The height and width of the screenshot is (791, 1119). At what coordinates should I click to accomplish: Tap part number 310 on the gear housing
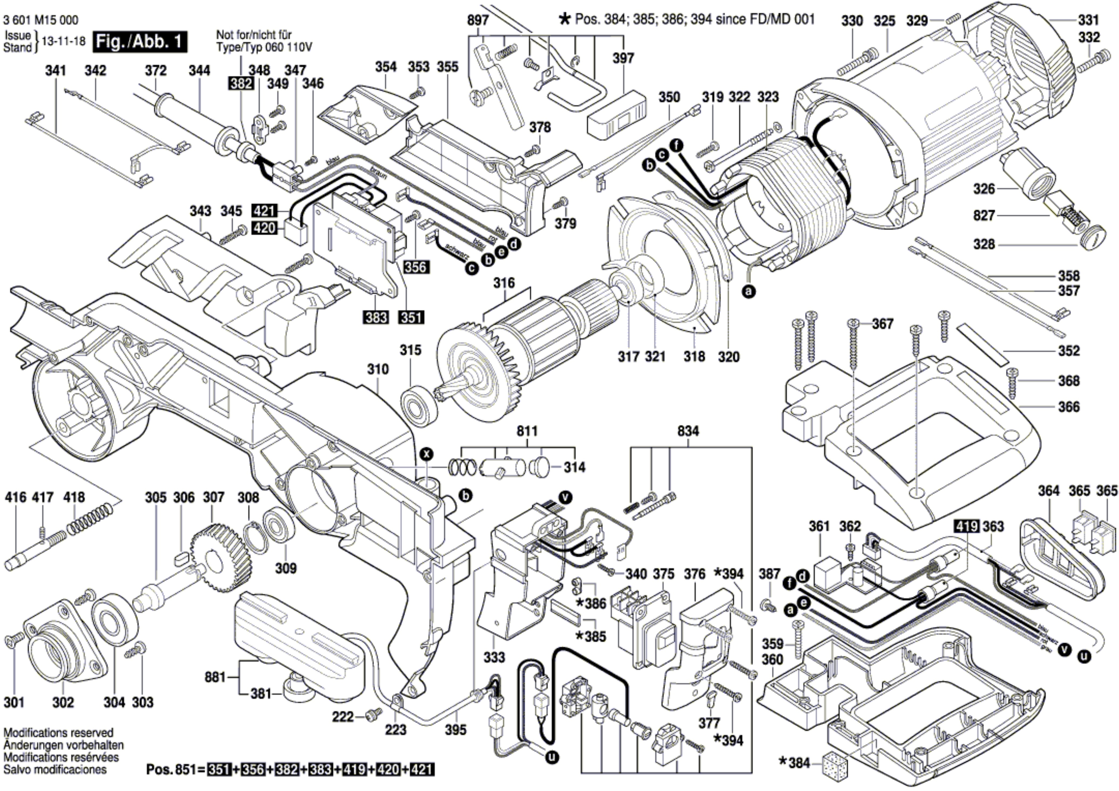click(x=378, y=369)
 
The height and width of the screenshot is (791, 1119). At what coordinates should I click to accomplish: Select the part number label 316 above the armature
click(x=503, y=283)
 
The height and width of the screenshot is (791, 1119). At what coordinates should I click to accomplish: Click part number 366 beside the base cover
click(x=1068, y=407)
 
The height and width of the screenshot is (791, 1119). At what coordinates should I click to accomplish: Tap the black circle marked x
click(x=426, y=455)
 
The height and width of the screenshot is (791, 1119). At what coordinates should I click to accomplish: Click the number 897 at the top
click(x=478, y=21)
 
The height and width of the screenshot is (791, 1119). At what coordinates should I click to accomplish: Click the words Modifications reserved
click(x=59, y=732)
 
